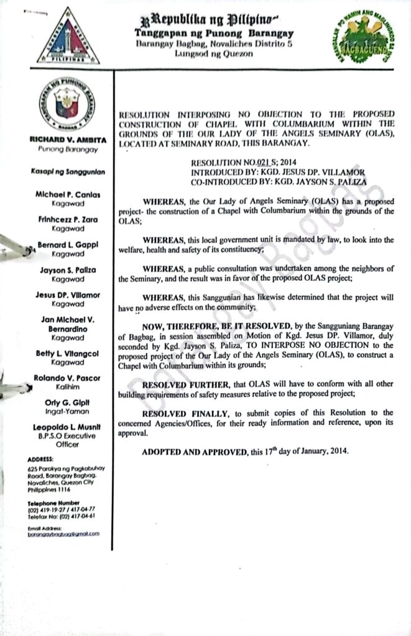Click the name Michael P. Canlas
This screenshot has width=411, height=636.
click(x=69, y=194)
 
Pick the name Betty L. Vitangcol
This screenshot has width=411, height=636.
click(x=68, y=353)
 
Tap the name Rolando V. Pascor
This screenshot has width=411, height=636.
click(x=68, y=378)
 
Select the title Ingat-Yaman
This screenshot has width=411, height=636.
click(x=68, y=411)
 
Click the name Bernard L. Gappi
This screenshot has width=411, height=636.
click(x=68, y=245)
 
